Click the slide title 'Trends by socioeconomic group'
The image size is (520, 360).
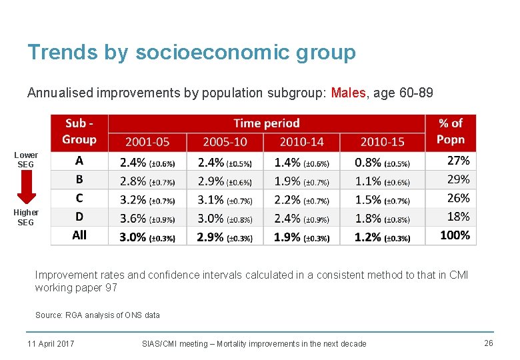[191, 52]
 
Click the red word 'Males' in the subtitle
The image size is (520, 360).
[348, 93]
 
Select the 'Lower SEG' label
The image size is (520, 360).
[26, 160]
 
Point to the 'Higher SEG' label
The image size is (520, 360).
[26, 217]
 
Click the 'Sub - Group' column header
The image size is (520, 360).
[79, 131]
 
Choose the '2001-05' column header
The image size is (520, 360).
[147, 141]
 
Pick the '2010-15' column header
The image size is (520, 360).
[382, 141]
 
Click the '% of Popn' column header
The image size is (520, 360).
[451, 131]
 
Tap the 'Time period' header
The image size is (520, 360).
[266, 123]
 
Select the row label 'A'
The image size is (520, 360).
[79, 161]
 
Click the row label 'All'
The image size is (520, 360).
[79, 235]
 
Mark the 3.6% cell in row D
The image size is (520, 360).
[147, 217]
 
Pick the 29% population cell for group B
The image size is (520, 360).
[458, 179]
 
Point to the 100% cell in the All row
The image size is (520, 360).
[455, 235]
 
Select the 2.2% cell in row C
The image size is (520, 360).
[301, 199]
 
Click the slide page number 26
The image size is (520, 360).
[488, 343]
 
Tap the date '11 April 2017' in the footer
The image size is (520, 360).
[51, 343]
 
